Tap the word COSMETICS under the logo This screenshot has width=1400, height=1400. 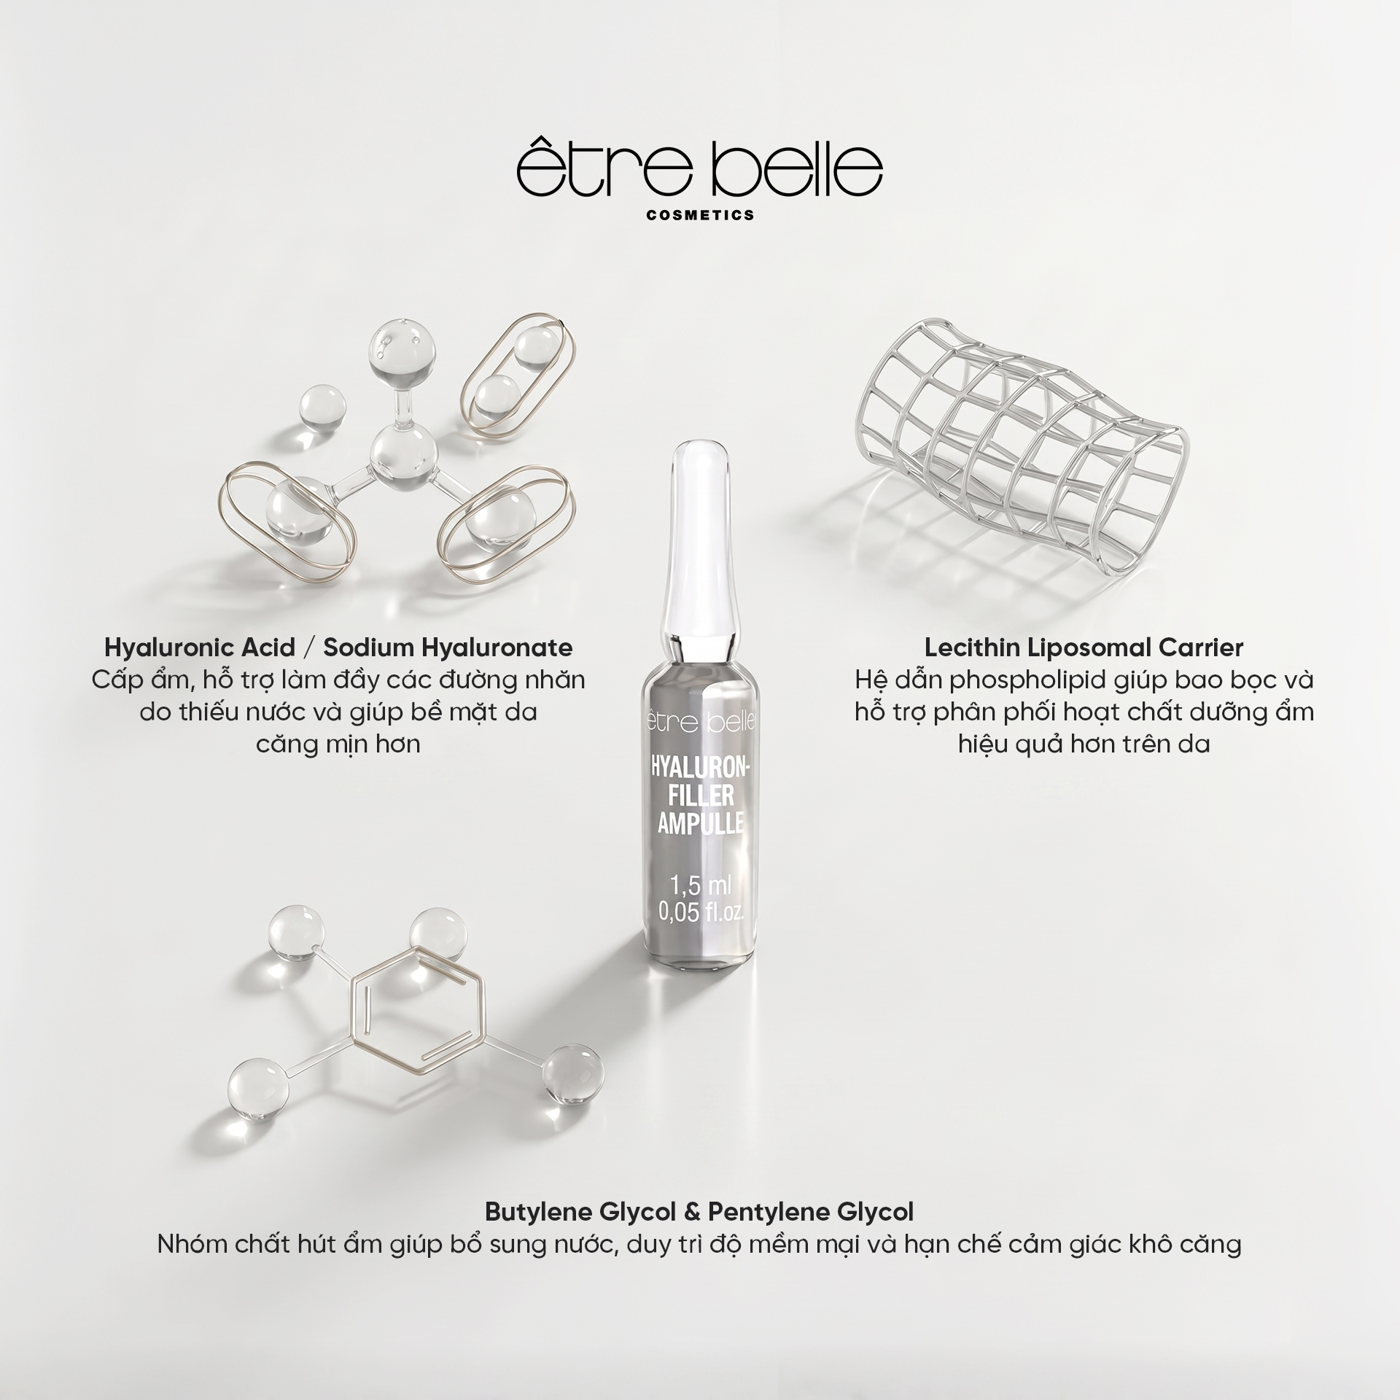[700, 215]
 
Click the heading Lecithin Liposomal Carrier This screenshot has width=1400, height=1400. [1084, 647]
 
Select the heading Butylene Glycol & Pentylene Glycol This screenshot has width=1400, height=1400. [699, 1212]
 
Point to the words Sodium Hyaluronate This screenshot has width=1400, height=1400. [448, 647]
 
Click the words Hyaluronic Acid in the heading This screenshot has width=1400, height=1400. [200, 647]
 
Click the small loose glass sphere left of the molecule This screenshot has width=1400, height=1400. [323, 406]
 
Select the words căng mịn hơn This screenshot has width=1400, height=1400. [338, 745]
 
